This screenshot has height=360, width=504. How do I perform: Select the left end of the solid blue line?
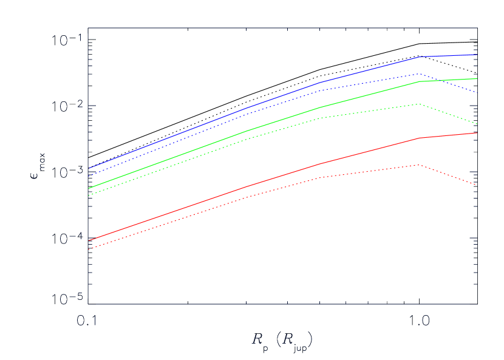point(89,168)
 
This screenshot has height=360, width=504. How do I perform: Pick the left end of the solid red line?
point(89,240)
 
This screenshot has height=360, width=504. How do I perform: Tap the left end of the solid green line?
point(89,188)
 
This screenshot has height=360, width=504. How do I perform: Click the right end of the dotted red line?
point(477,185)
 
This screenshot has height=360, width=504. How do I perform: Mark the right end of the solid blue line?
point(477,55)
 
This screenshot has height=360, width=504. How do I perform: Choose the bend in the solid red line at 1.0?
point(420,138)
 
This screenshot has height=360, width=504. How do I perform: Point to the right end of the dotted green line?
point(477,124)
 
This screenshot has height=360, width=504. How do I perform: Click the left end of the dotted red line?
point(89,250)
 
